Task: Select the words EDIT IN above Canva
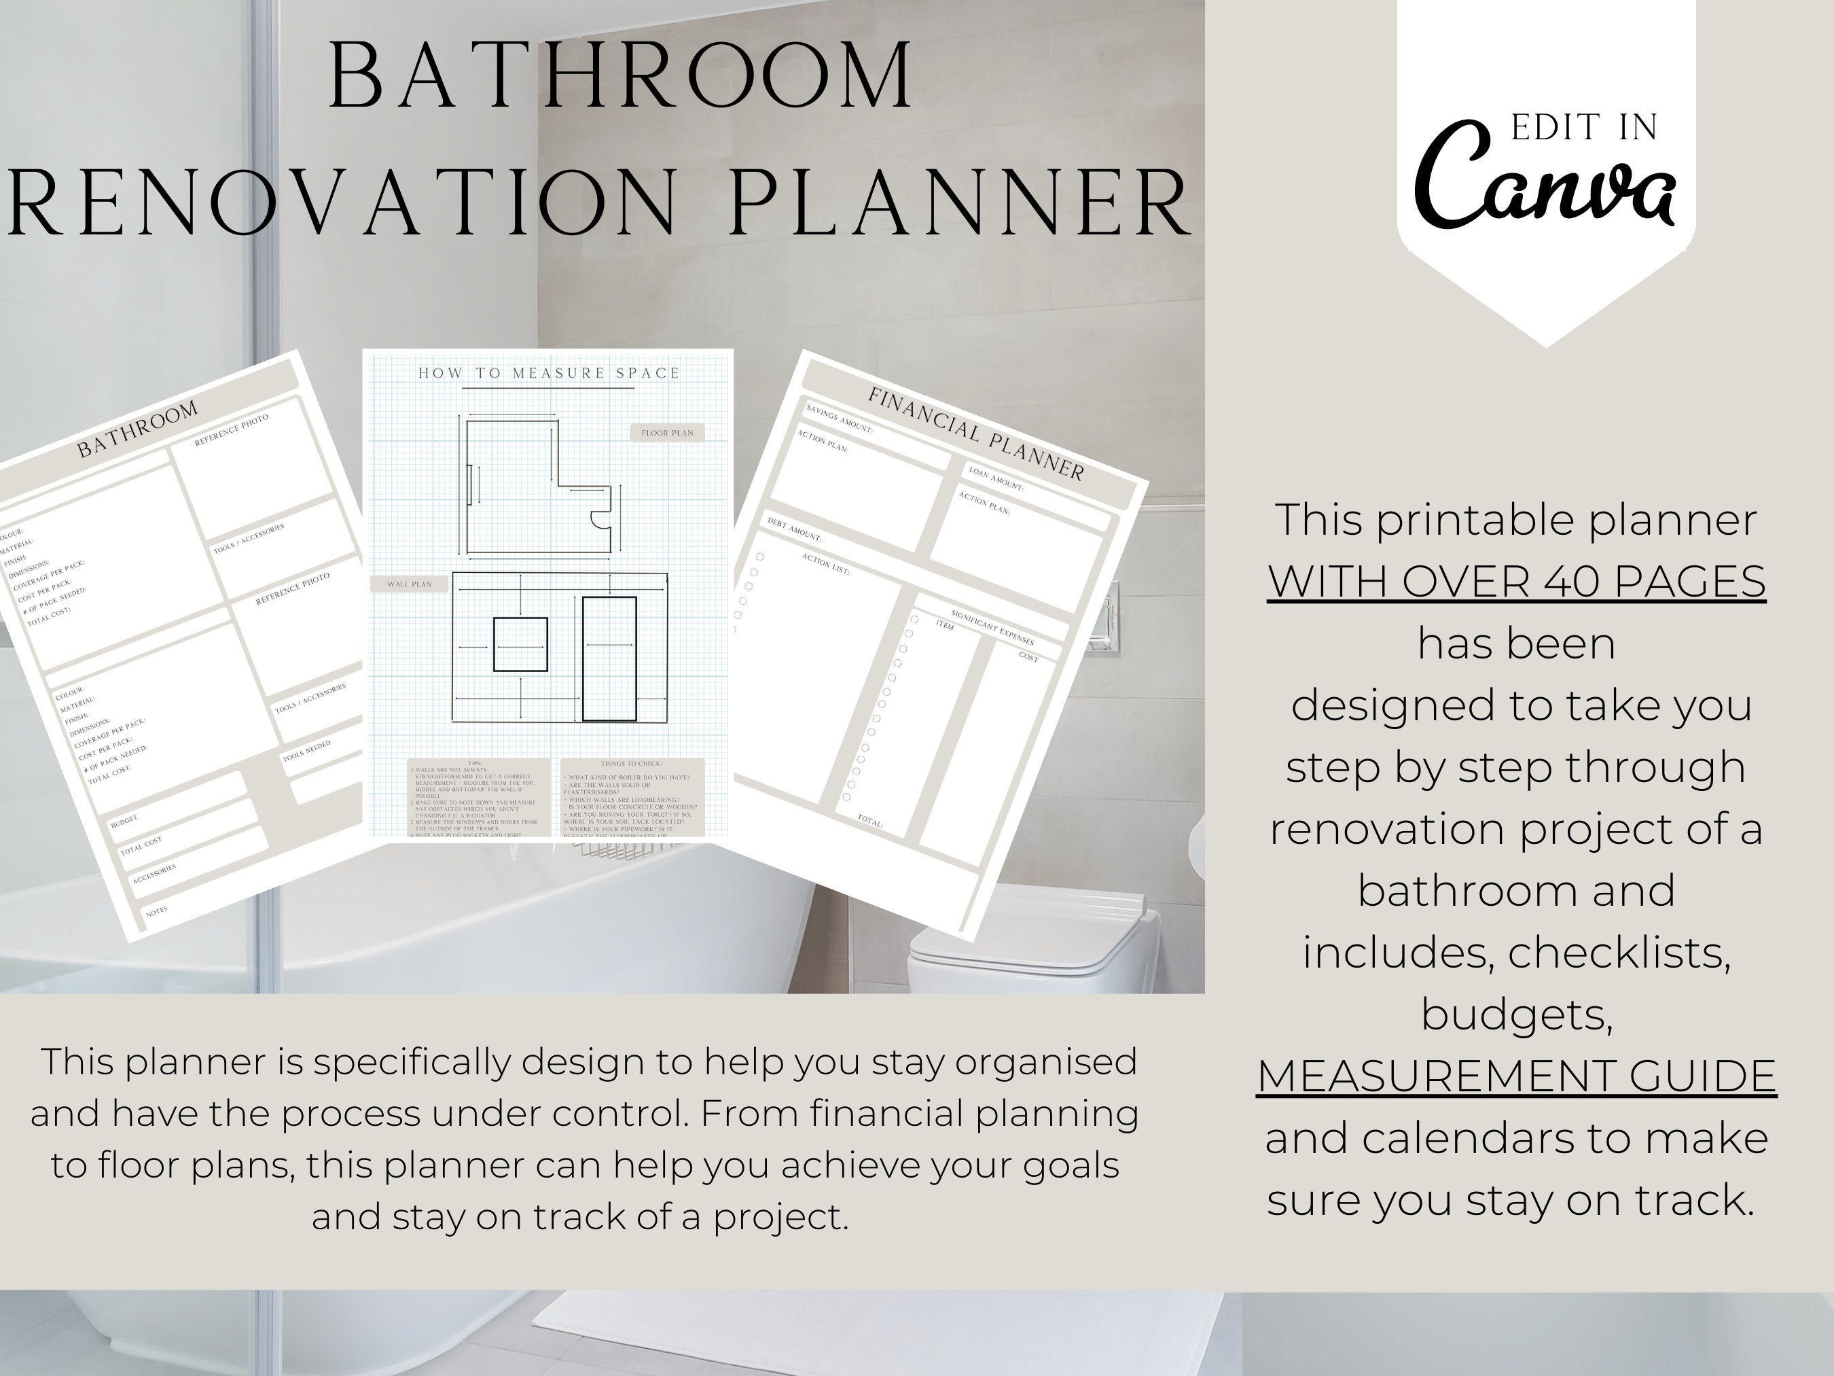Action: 1583,128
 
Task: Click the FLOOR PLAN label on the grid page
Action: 666,433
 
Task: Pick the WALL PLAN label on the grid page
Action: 410,584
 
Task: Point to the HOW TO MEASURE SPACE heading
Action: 549,373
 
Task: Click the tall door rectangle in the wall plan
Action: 609,658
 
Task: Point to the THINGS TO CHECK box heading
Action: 632,764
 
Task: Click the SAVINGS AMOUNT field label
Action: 839,419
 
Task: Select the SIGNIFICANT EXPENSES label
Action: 992,628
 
